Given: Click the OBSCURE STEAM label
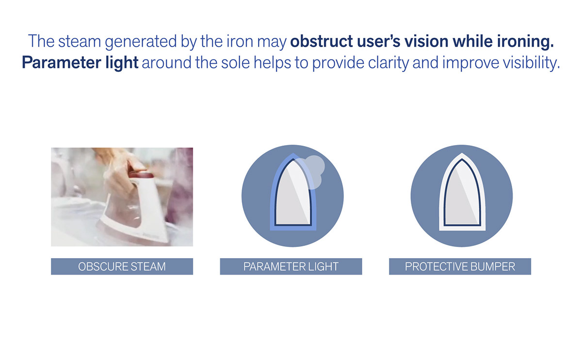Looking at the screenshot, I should click(122, 266).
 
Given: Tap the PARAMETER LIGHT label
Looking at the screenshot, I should click(291, 266).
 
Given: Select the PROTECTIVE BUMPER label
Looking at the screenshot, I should click(460, 266).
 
